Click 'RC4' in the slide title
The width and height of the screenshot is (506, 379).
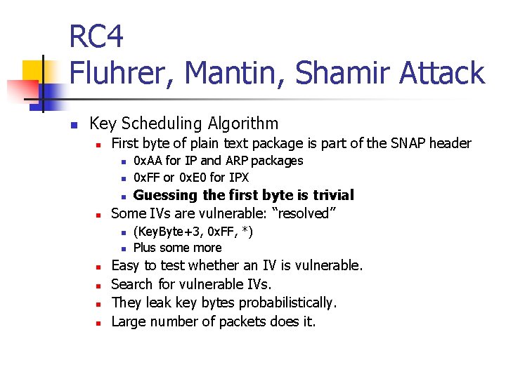(x=96, y=36)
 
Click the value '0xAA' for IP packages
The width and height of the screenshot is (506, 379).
(x=148, y=161)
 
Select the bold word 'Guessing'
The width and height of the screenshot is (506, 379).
(x=166, y=195)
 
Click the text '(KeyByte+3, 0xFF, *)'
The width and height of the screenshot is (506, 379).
(x=193, y=232)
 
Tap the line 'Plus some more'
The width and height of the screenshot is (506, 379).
(x=177, y=248)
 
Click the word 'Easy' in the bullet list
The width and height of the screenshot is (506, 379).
(x=126, y=265)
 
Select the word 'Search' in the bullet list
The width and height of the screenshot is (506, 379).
(x=132, y=284)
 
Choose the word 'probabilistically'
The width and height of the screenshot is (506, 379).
(x=287, y=302)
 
